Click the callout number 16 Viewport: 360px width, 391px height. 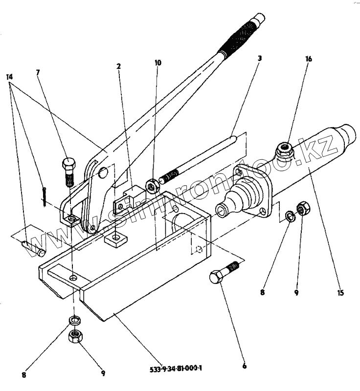[x=308, y=59]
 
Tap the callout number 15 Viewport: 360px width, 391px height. [x=340, y=293]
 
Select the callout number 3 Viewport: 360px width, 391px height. [x=260, y=58]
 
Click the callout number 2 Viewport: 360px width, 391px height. [x=118, y=65]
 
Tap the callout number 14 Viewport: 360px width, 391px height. [x=10, y=77]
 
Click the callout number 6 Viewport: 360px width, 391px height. [x=244, y=365]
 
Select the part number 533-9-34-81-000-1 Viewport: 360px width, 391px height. [x=177, y=368]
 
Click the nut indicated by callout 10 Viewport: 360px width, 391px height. [x=153, y=186]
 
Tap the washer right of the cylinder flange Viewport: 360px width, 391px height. [x=290, y=215]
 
